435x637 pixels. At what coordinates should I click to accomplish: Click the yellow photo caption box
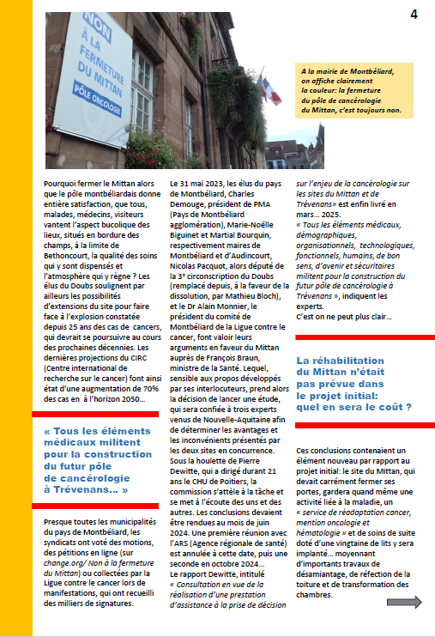(353, 91)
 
